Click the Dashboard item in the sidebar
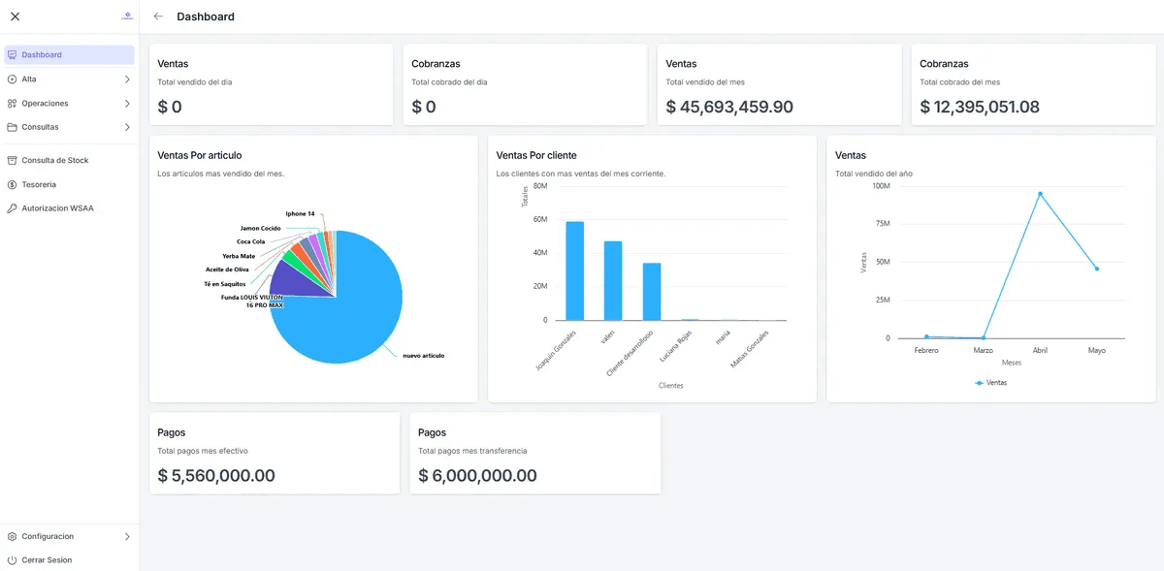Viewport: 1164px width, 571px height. [x=42, y=55]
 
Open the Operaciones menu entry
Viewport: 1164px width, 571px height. [x=45, y=103]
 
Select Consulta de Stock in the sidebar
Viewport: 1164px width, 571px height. [x=54, y=160]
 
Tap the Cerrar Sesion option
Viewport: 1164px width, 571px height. [x=47, y=560]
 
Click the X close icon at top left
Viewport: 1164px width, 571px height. [x=15, y=16]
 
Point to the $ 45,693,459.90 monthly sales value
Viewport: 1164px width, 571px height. [x=729, y=107]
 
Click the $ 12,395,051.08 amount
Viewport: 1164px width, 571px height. [x=980, y=107]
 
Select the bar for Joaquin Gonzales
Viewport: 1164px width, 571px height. [x=575, y=271]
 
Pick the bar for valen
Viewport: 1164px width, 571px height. [x=613, y=281]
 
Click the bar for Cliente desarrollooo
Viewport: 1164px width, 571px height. [x=652, y=292]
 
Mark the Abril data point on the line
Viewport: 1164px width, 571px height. [x=1040, y=194]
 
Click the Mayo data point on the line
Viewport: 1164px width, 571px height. [x=1097, y=269]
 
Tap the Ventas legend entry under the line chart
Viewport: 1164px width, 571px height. [x=990, y=383]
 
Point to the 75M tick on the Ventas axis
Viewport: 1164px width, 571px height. [x=882, y=224]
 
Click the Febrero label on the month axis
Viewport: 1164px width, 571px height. [x=926, y=350]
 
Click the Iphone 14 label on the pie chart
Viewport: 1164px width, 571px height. [x=300, y=213]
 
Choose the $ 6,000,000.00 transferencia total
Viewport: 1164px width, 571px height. [x=477, y=476]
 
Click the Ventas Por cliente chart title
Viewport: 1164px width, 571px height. [x=536, y=155]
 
